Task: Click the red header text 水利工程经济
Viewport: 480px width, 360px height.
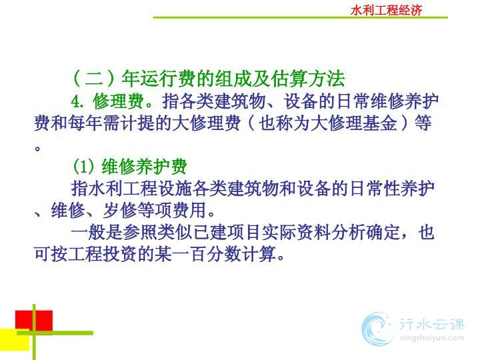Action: pyautogui.click(x=386, y=11)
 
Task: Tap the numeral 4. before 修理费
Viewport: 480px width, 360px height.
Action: pyautogui.click(x=78, y=101)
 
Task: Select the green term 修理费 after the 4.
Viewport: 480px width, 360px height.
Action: pyautogui.click(x=119, y=101)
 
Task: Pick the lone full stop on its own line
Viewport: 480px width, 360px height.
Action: pyautogui.click(x=37, y=149)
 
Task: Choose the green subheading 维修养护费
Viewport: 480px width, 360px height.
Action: pyautogui.click(x=144, y=167)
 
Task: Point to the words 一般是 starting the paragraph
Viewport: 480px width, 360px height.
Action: pyautogui.click(x=97, y=232)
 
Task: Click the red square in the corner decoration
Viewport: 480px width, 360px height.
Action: pyautogui.click(x=34, y=320)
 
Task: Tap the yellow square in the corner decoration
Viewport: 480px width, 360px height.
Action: pyautogui.click(x=15, y=339)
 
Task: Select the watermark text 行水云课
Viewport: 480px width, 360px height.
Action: pyautogui.click(x=431, y=324)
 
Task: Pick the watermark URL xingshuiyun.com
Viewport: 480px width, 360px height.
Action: pyautogui.click(x=431, y=338)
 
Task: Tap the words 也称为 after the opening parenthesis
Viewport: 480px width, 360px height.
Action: pyautogui.click(x=285, y=123)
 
